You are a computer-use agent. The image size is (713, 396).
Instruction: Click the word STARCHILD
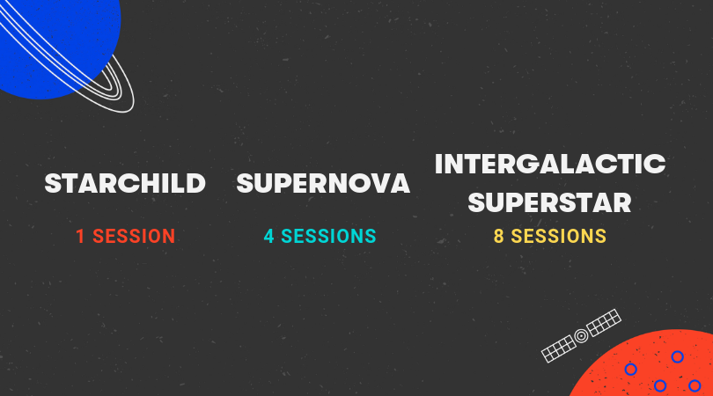pos(125,183)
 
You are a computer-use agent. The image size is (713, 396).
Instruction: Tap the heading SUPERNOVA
pos(323,183)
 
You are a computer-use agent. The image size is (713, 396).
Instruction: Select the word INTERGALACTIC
pos(550,164)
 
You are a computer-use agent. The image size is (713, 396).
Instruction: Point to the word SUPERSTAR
pos(550,202)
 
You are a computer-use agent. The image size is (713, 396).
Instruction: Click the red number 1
pos(80,237)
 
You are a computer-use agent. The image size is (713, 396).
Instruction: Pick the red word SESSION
pos(134,237)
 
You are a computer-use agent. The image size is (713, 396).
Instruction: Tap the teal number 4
pos(268,237)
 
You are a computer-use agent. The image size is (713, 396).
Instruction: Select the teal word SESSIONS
pos(328,237)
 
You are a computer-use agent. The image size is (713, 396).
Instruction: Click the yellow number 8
pos(499,237)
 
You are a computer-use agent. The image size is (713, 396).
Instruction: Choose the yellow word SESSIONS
pos(559,237)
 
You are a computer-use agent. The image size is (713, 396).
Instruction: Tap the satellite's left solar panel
pos(558,349)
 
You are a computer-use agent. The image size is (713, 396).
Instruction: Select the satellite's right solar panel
pos(604,322)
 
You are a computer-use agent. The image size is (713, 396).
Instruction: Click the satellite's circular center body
pos(581,336)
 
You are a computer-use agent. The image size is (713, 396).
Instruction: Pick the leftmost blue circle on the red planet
pos(630,370)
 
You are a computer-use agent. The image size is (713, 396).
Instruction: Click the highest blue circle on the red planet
pos(678,357)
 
